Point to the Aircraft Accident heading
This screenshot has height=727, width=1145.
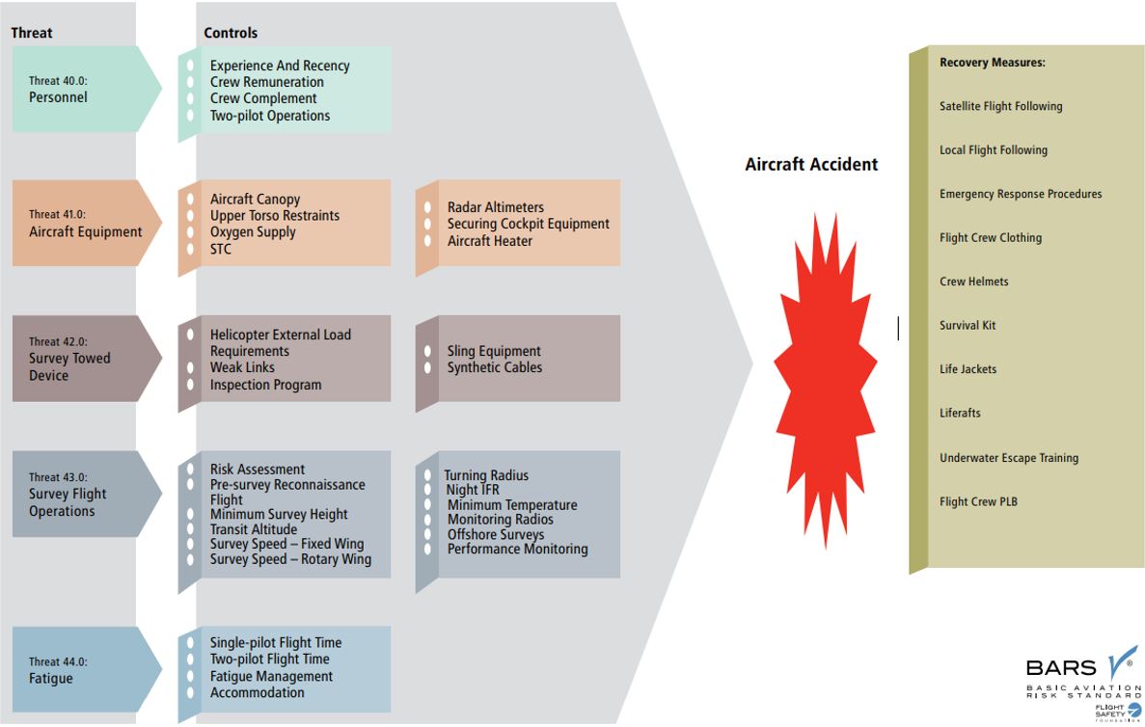click(811, 165)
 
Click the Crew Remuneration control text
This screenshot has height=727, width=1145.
click(266, 82)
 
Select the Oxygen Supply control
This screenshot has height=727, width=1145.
click(253, 232)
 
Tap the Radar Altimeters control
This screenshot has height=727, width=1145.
click(495, 207)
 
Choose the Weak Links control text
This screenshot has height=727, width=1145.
click(242, 367)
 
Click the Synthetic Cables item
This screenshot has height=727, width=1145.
click(494, 367)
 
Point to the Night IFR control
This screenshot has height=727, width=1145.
click(473, 490)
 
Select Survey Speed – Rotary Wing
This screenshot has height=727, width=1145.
click(290, 559)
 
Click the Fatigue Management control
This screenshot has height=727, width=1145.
click(271, 676)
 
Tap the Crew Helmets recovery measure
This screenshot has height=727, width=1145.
click(973, 282)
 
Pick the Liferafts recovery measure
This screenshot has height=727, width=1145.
click(960, 413)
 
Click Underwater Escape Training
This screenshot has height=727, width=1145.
click(1008, 458)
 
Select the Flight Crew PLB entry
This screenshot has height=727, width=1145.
click(978, 501)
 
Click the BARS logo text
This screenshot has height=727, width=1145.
click(1060, 667)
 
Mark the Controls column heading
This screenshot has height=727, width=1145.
click(231, 33)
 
